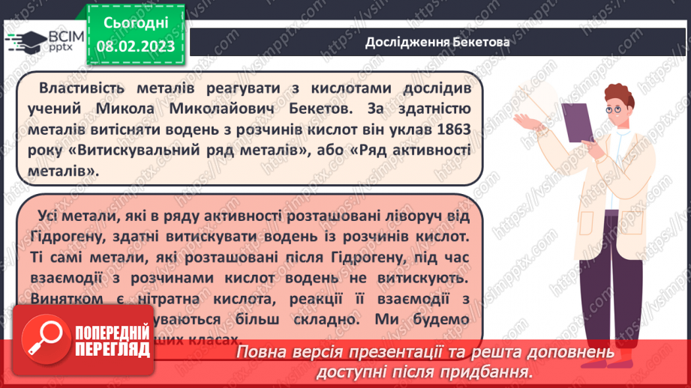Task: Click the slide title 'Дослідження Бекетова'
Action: click(437, 42)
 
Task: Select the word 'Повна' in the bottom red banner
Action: click(262, 352)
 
